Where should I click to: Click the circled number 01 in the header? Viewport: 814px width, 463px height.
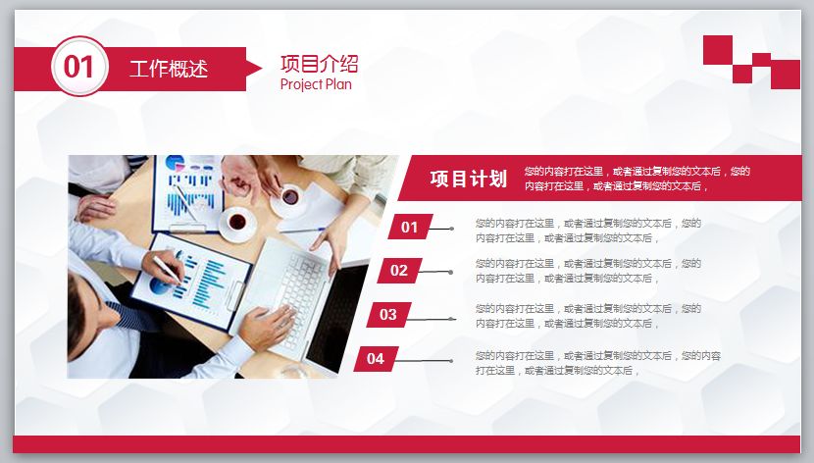click(78, 67)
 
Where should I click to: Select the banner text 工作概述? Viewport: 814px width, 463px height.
click(169, 69)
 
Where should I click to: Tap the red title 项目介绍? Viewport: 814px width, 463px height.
click(319, 64)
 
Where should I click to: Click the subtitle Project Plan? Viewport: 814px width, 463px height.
click(316, 84)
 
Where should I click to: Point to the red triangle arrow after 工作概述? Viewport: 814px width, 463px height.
click(252, 68)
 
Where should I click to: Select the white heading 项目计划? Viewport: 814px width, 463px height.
click(468, 179)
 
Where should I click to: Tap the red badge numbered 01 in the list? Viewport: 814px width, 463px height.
click(410, 228)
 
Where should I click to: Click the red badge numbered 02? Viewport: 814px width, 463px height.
click(399, 271)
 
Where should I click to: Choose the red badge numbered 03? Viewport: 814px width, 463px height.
click(388, 315)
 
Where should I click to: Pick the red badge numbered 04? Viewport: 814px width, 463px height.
click(376, 359)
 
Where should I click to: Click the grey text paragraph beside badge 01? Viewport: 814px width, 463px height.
click(587, 230)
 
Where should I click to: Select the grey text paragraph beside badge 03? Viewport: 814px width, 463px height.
click(587, 315)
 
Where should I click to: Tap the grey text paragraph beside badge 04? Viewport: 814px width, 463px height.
click(597, 363)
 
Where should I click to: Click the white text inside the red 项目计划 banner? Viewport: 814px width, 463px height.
click(636, 179)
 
